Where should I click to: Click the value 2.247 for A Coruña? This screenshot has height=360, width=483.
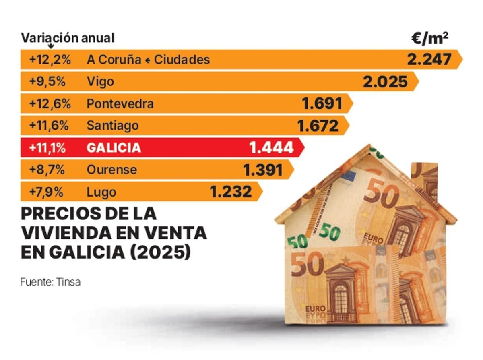pos(429,60)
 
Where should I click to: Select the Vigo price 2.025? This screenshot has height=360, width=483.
pos(385,82)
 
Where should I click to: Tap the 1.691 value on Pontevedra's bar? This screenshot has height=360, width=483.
pos(322,103)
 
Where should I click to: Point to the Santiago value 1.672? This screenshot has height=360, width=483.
pos(318,126)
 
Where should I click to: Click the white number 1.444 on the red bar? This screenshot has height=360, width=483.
pos(272,148)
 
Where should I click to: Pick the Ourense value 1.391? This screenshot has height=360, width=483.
pos(263,170)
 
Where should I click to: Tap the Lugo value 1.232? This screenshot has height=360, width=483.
pos(231,192)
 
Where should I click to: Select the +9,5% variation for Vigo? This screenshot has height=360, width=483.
pos(47,82)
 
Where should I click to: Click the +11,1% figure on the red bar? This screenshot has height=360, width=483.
pos(47,148)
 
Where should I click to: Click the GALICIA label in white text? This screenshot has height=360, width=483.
pos(114,148)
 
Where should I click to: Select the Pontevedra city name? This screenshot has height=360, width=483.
pos(120,104)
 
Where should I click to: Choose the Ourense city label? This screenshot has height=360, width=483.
pos(111,170)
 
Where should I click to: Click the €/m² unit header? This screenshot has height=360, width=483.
pos(430,38)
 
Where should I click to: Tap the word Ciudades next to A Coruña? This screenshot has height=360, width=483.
pos(182,60)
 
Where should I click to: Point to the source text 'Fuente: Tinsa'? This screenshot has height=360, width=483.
pos(50,282)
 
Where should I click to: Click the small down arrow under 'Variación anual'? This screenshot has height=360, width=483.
pos(51,46)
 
